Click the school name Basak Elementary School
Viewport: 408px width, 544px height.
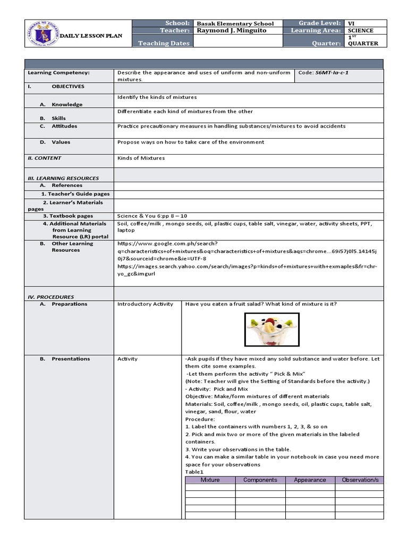point(235,23)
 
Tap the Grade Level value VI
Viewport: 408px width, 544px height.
point(351,23)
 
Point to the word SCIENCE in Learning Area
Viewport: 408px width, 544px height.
point(361,31)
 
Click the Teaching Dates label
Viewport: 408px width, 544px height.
point(164,43)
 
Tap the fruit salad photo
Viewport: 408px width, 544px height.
point(272,329)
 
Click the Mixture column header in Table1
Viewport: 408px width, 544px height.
point(210,480)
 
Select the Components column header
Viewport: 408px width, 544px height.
point(260,480)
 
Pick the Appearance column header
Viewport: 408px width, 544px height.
point(310,480)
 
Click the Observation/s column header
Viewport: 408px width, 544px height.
point(360,480)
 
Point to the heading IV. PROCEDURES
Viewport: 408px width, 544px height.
point(51,296)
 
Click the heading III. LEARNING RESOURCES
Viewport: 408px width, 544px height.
point(63,178)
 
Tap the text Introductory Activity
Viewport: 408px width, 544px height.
point(145,304)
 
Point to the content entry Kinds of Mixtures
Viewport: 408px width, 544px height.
point(141,158)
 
